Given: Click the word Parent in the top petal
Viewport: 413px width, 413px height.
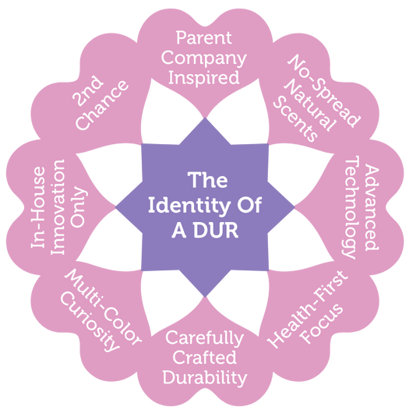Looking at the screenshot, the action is pos(204,37).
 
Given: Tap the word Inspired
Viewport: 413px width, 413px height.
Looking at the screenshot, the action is pos(204,78).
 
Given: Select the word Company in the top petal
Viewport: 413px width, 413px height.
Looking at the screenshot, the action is pos(204,58).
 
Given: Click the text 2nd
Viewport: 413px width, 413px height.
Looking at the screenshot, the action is pos(87,91).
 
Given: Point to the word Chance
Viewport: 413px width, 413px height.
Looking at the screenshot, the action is pos(102,105).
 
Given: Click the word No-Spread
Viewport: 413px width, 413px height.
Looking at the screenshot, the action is pos(324,90).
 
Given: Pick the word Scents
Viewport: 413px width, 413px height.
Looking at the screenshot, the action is pos(295,119).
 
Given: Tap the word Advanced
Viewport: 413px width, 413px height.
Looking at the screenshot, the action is pos(372,207).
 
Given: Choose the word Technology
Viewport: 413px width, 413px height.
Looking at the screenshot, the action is pos(351,208).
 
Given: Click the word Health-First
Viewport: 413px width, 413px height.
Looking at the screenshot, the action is pos(308,309).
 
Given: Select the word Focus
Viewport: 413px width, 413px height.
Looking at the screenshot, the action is pos(322,324).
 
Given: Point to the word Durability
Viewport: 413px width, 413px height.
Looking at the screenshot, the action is pos(205,378).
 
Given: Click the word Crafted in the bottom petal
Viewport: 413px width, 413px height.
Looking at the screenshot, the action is pos(204,358).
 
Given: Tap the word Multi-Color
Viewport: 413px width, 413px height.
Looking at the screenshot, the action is pos(103,307).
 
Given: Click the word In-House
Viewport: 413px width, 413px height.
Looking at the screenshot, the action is pos(38,207).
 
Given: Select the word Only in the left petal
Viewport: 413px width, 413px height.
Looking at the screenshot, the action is pos(79,207).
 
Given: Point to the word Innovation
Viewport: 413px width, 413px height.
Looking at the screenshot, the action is pos(58,207).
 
